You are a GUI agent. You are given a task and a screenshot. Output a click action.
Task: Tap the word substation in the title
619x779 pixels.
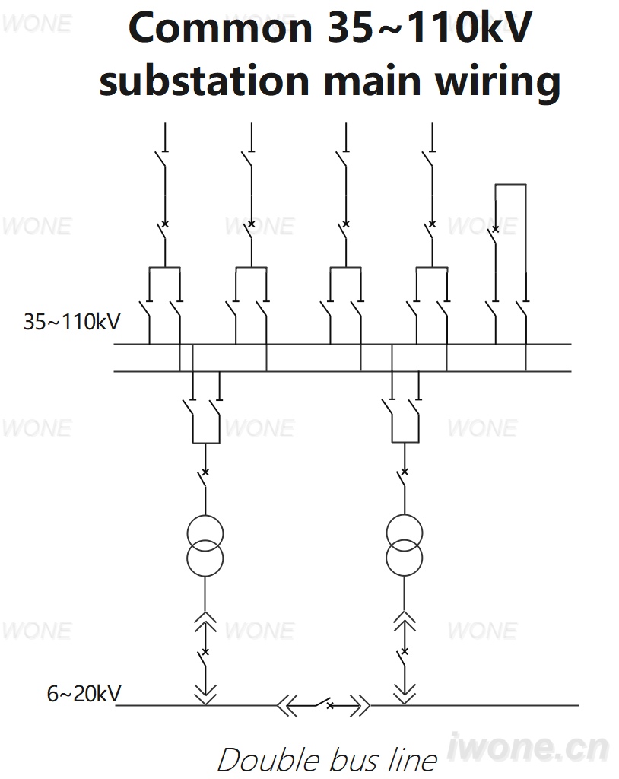point(205,81)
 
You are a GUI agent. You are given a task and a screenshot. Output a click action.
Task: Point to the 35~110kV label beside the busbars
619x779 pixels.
point(72,322)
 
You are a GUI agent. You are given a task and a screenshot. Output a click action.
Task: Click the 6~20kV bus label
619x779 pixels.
point(84,694)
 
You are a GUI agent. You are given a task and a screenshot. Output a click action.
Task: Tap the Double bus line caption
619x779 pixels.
point(328,760)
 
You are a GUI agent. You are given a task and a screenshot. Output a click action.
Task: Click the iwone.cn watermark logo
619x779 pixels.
point(528,747)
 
